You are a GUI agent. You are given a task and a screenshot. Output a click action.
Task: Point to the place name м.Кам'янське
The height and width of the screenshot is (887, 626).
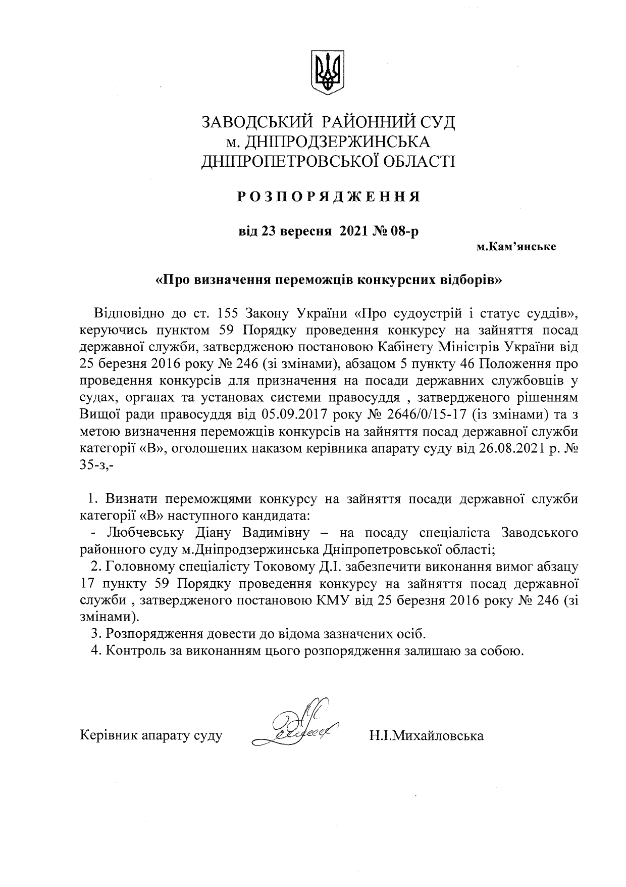(x=516, y=247)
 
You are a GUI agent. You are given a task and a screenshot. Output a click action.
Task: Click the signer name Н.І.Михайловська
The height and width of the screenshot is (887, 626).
(x=426, y=735)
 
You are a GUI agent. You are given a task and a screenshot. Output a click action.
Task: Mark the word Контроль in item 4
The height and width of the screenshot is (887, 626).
(x=135, y=650)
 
